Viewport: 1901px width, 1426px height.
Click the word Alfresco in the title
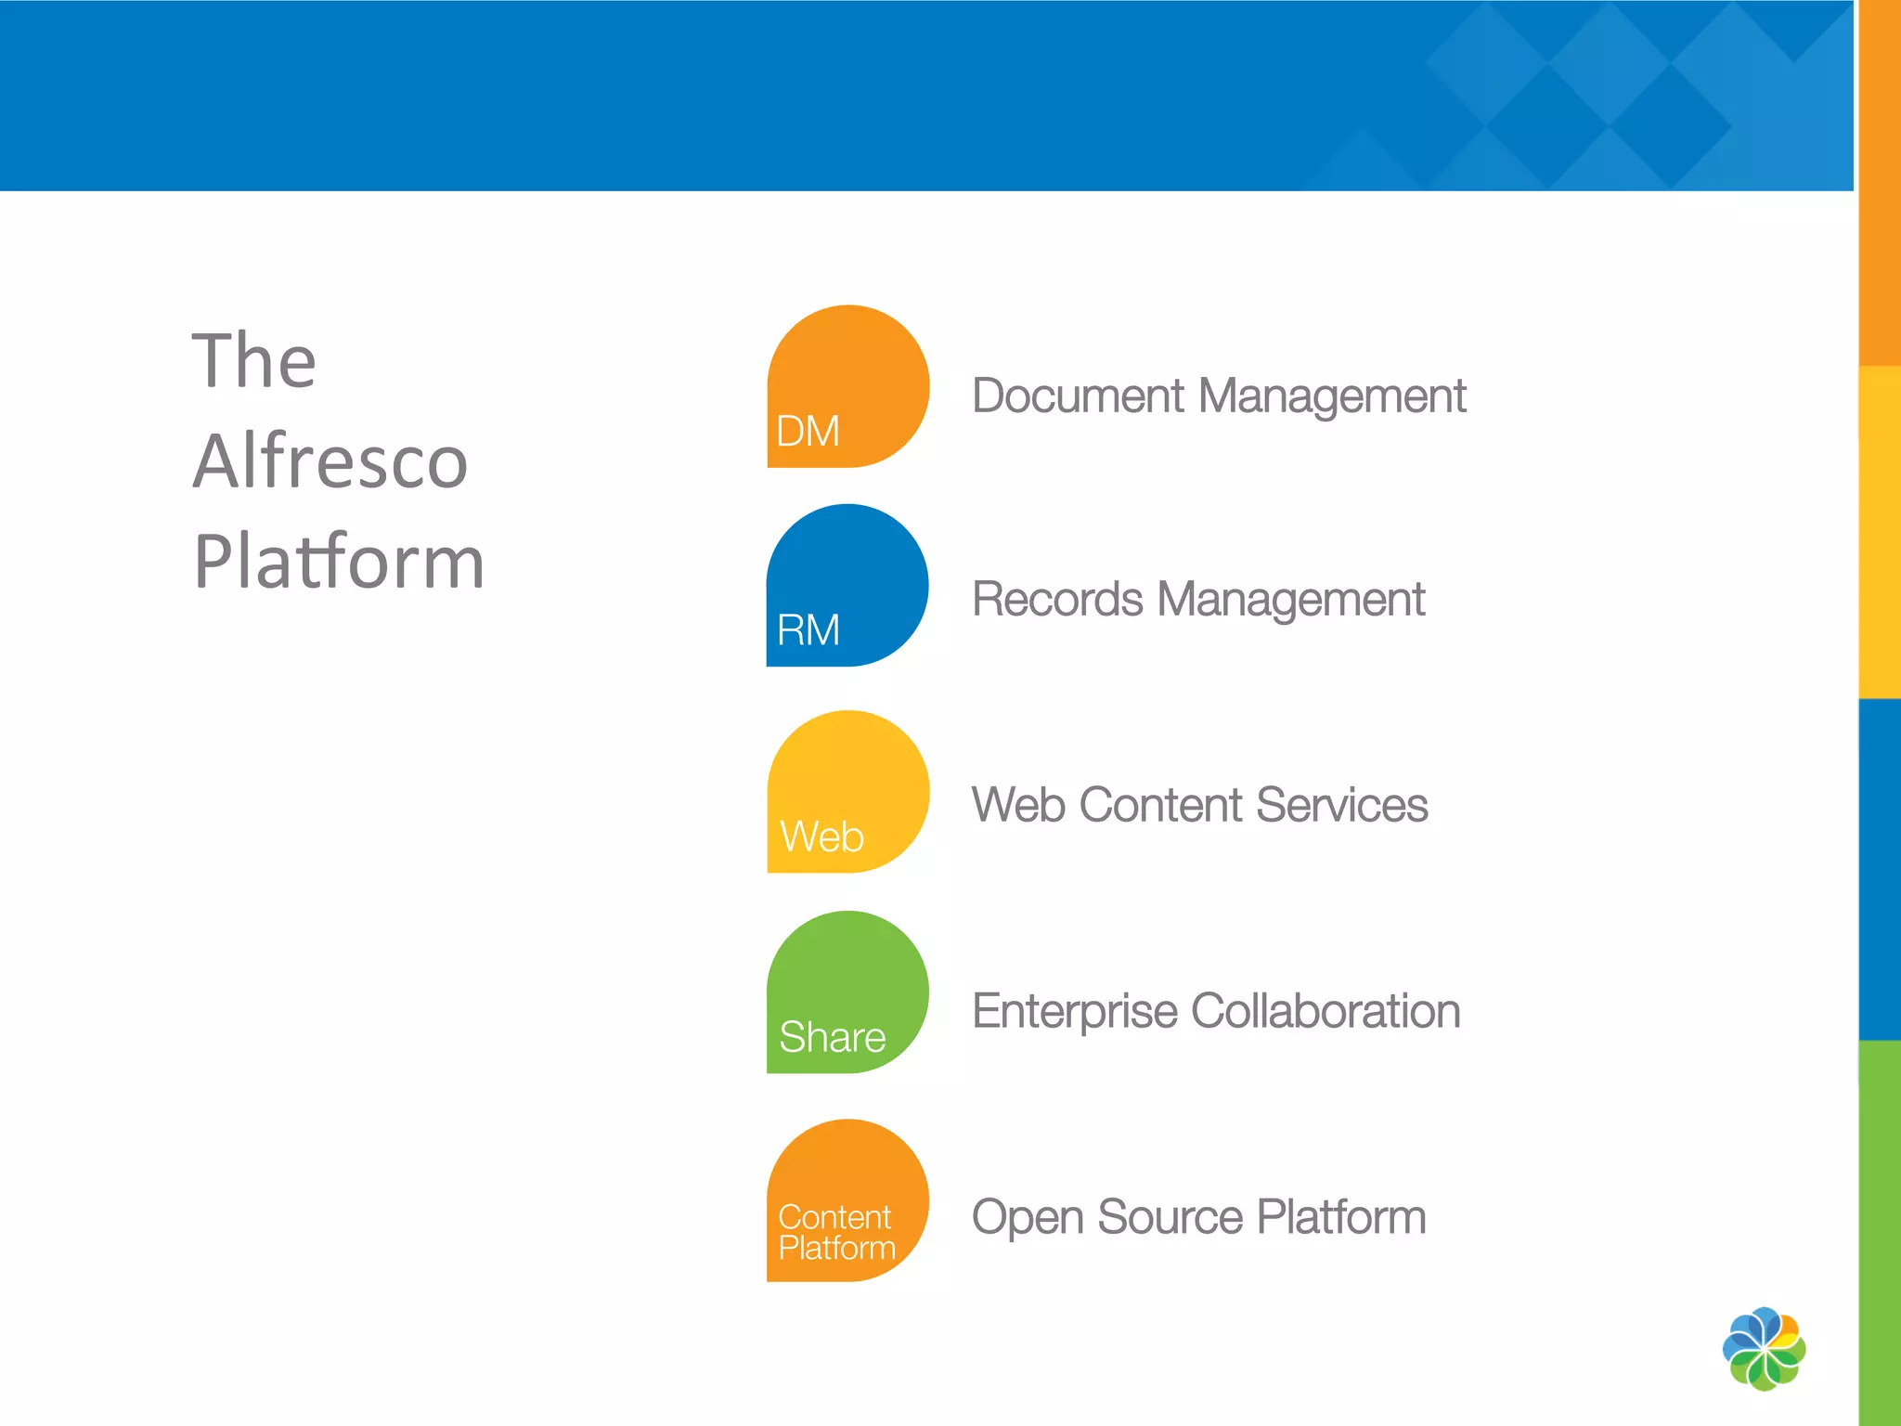pos(330,461)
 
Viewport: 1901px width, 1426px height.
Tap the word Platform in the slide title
pos(339,563)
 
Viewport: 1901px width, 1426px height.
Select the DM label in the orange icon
pos(808,432)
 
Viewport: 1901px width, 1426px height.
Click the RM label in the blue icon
pos(808,630)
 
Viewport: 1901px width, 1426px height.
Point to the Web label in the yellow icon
pos(821,836)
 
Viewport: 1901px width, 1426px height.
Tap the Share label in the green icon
pos(832,1037)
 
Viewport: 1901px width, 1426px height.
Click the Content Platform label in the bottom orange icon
pos(835,1233)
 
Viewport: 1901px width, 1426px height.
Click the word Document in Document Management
pos(1078,396)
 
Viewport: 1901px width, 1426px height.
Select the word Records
pos(1056,600)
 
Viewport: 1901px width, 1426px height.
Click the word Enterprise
pos(1074,1011)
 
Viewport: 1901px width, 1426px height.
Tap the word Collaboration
pos(1326,1011)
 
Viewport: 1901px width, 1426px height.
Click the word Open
pos(1028,1217)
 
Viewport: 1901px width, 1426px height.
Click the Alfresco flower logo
pos(1764,1349)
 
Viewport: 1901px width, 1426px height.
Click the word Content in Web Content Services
pos(1160,805)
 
